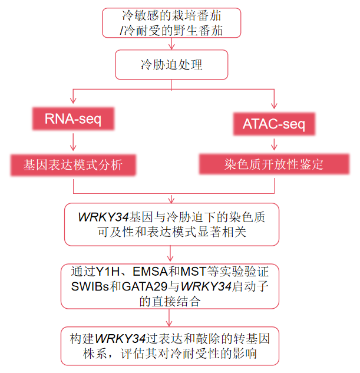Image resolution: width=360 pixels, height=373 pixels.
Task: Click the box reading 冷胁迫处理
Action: (171, 64)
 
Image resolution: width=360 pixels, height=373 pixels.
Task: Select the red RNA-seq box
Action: (73, 120)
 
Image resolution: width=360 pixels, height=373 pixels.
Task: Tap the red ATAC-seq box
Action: (275, 124)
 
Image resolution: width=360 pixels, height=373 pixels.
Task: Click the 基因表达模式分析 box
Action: (73, 164)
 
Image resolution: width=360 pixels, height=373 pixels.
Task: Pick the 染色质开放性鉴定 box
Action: (275, 163)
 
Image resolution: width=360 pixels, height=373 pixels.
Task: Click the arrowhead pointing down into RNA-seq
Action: (73, 104)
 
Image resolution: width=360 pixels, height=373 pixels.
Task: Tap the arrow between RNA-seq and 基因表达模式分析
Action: (73, 141)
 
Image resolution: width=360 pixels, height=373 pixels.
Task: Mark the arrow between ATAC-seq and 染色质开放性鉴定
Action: (275, 144)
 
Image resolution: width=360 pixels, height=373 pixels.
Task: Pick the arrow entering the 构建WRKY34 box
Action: (171, 318)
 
